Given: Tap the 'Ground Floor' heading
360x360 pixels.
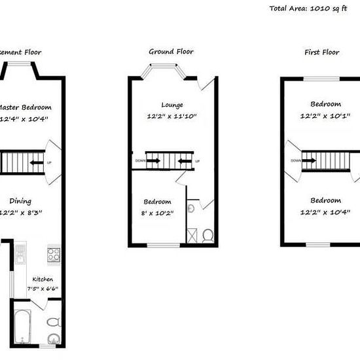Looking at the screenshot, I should tap(171, 52).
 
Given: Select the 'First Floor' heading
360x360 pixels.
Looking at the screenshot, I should tap(321, 52).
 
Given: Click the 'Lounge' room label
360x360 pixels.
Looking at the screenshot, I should tap(172, 105).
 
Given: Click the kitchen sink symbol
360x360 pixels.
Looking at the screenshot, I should tap(20, 251).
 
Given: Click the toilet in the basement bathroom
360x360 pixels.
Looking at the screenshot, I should tap(54, 321).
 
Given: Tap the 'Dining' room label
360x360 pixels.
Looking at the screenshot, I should tap(20, 202).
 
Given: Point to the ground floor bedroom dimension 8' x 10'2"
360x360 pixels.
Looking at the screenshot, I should tap(158, 212).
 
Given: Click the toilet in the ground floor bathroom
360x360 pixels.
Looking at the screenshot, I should tap(207, 234).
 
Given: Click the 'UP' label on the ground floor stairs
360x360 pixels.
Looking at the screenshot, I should tap(197, 162).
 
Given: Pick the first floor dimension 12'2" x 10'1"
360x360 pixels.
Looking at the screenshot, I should tap(325, 116).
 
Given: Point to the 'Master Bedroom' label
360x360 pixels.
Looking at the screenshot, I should tap(25, 107).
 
